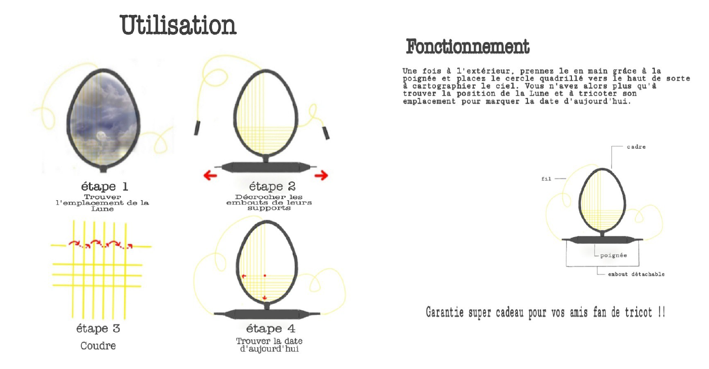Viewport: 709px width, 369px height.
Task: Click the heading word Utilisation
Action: pos(178,25)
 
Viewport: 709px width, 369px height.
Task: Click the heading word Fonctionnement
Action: pos(467,47)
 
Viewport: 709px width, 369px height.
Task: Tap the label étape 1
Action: pos(105,187)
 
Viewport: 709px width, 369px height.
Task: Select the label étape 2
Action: pos(272,187)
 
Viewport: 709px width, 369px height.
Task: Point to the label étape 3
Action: pos(98,329)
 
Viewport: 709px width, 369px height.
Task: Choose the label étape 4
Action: pos(271,329)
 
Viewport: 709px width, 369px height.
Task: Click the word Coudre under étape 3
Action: pos(98,346)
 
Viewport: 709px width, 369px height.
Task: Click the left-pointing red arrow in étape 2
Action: pos(210,175)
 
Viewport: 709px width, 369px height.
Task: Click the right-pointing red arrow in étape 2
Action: pos(321,175)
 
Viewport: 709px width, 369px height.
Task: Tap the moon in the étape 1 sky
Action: pos(101,136)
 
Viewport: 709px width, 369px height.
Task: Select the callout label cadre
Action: pos(636,147)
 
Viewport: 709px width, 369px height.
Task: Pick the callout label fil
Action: pos(546,179)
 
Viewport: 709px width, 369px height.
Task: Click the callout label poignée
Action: pos(613,255)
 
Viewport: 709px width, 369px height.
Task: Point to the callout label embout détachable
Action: pos(636,274)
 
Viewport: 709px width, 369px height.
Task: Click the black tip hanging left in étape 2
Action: pos(197,128)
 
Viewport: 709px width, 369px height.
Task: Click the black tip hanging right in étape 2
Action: pos(326,133)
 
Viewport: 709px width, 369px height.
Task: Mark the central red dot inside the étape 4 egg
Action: pos(265,276)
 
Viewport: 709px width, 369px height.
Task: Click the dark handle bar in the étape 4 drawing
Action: pos(267,314)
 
